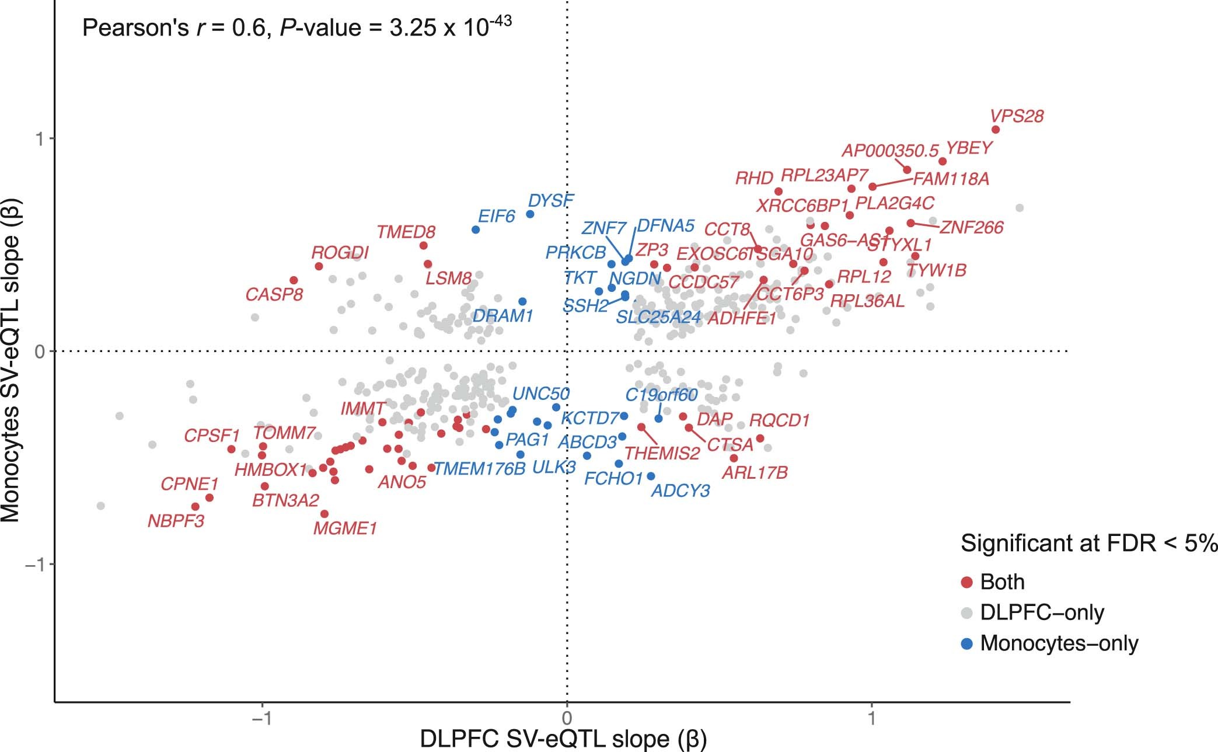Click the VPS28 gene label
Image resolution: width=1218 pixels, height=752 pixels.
click(1017, 116)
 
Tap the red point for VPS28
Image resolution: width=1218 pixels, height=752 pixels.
click(996, 130)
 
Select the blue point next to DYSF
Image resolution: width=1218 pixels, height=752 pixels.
click(530, 214)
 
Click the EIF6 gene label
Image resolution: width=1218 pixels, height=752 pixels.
click(496, 217)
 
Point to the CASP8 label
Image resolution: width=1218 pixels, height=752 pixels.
click(274, 294)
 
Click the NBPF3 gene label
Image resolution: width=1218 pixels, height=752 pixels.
click(176, 521)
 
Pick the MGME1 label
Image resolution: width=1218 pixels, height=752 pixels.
click(345, 529)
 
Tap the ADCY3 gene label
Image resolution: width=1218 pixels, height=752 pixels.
click(680, 490)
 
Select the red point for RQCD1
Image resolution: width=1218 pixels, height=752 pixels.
click(760, 438)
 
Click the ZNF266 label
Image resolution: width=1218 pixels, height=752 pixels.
click(972, 227)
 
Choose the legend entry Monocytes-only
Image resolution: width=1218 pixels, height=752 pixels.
click(1059, 643)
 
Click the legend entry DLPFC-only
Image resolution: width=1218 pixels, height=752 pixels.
click(1042, 612)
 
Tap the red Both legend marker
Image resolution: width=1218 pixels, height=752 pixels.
click(967, 582)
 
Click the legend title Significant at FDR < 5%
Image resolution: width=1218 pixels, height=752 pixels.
click(1089, 544)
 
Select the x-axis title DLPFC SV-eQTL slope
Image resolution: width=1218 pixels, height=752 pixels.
click(563, 739)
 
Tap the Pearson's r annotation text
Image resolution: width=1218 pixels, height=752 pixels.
click(296, 27)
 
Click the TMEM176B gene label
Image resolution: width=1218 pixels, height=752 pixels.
click(480, 469)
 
